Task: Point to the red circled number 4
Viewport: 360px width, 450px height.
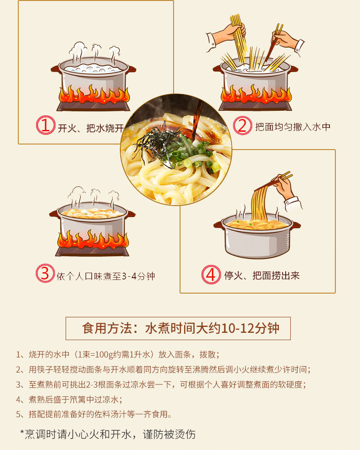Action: click(x=211, y=274)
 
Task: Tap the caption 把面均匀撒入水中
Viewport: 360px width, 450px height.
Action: click(x=293, y=127)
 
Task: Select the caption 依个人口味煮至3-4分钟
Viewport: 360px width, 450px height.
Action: click(x=106, y=276)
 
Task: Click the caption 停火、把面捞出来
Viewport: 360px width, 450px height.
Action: click(x=262, y=276)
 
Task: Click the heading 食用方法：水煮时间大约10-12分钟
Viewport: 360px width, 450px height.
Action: click(x=180, y=328)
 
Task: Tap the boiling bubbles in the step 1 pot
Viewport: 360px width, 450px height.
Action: click(x=93, y=68)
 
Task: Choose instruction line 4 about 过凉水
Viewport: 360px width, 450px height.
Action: click(x=69, y=399)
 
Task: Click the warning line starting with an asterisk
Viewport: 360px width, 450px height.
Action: click(x=108, y=434)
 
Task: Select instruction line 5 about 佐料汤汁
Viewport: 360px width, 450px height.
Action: click(x=94, y=414)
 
